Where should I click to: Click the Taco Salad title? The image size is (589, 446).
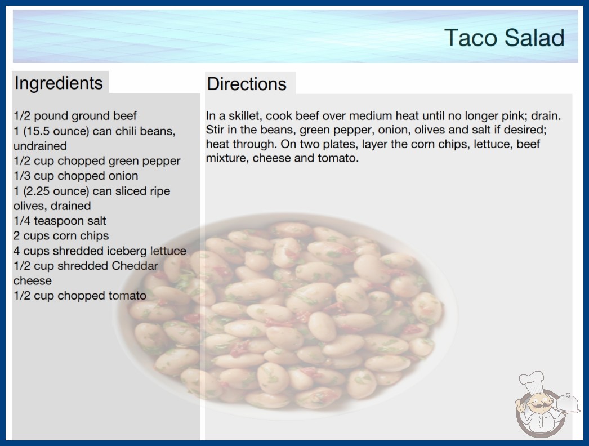point(504,38)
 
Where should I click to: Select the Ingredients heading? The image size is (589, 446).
point(59,83)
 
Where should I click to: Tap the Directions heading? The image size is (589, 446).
point(247,84)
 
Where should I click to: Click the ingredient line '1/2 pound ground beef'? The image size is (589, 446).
point(75,116)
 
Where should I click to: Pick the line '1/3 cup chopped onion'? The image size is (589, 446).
point(76,176)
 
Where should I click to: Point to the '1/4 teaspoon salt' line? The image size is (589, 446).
point(60,221)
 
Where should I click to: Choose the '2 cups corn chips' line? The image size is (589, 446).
point(61,235)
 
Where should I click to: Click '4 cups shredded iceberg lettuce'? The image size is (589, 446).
point(100,251)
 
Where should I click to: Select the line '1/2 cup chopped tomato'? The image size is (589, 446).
point(80,296)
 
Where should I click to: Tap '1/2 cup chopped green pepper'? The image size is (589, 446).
point(97,161)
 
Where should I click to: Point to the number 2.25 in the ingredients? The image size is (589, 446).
point(37,191)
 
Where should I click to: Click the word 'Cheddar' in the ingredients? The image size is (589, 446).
point(135,266)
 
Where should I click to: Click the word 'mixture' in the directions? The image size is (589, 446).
point(226,158)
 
